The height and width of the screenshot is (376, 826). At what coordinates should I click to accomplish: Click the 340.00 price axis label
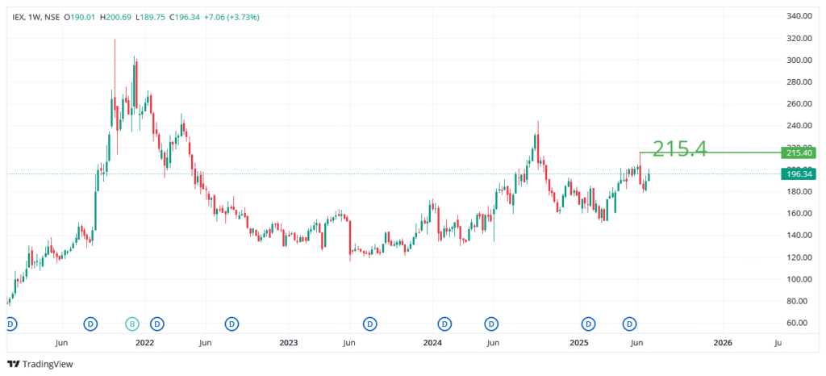tap(798, 16)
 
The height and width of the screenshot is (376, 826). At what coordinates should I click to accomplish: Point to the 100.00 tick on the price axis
tap(798, 279)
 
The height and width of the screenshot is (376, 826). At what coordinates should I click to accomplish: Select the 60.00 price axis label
tap(799, 323)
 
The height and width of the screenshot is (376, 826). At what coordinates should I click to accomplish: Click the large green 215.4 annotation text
tap(679, 148)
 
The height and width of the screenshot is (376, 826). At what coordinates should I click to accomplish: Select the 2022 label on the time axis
tap(145, 343)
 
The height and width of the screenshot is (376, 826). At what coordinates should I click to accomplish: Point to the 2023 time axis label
tap(289, 343)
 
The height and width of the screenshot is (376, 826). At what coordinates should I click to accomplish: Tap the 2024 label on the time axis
tap(432, 343)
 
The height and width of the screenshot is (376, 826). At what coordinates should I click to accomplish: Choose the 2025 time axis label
tap(578, 343)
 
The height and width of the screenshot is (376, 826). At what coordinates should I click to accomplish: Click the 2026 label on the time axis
tap(723, 343)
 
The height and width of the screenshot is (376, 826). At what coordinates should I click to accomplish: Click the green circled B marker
tap(131, 324)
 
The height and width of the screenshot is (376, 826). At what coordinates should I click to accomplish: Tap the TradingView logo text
tap(47, 364)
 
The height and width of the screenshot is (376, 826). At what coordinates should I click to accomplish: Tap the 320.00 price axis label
tap(798, 38)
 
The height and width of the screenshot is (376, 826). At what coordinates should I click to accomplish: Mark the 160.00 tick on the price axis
tap(798, 213)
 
